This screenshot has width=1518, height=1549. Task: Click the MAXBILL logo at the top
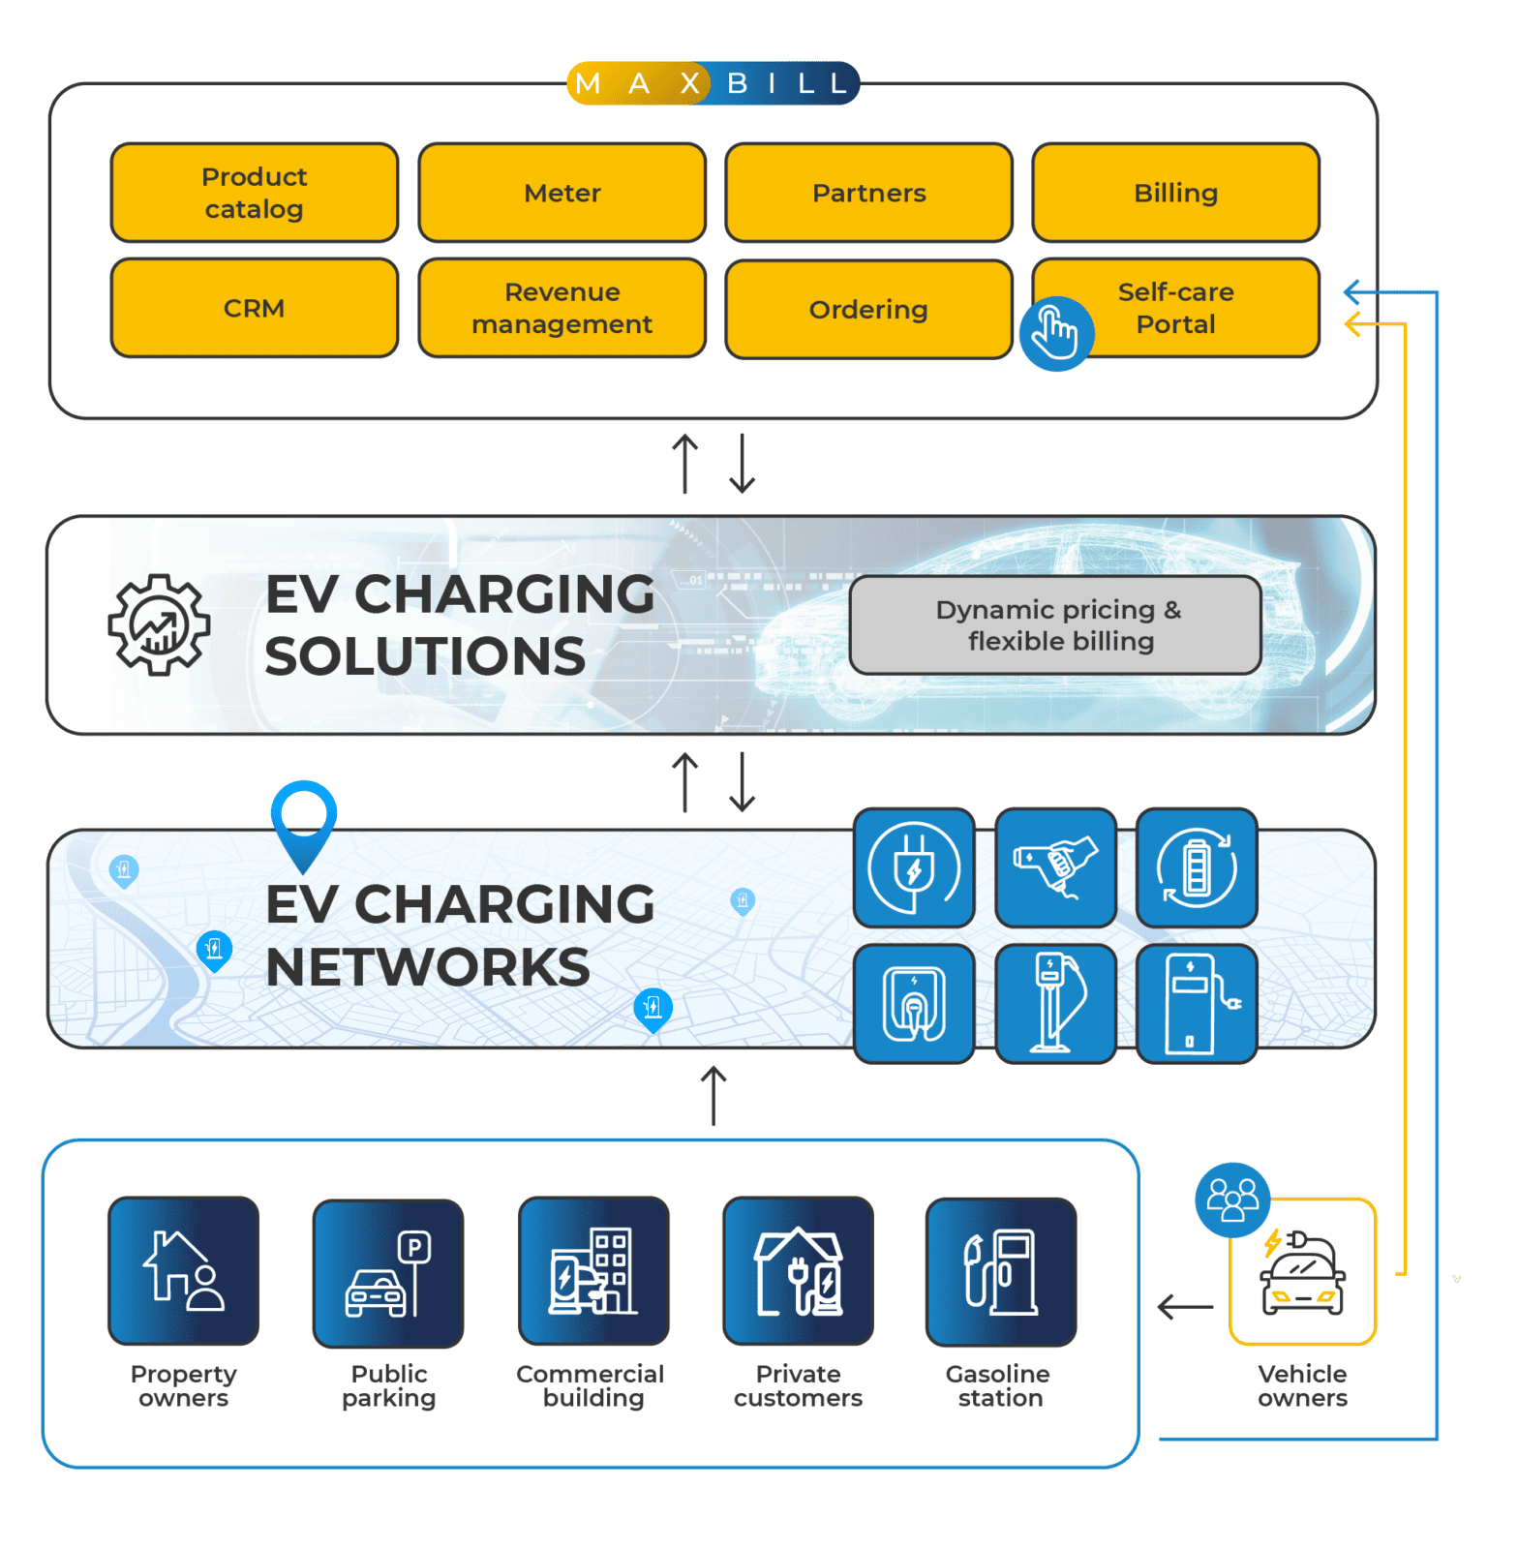(713, 83)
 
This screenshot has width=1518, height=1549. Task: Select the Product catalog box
(255, 193)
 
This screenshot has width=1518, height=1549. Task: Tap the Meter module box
(562, 193)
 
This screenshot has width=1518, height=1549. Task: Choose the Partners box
(868, 193)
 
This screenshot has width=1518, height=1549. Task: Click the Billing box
(1175, 193)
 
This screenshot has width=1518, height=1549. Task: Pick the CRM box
(255, 308)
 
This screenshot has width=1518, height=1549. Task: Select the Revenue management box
(562, 308)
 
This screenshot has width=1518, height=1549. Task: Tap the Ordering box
(868, 309)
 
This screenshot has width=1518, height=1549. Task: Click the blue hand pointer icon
(1056, 333)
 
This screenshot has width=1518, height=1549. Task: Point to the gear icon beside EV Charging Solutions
(159, 624)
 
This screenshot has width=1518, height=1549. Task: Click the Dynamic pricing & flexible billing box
(1055, 625)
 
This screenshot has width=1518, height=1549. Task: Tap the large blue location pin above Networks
(304, 821)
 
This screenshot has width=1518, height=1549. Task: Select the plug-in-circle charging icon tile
(914, 867)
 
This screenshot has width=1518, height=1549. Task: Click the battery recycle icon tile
(1197, 867)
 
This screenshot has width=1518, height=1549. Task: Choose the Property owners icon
(184, 1270)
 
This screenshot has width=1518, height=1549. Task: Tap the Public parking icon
(388, 1272)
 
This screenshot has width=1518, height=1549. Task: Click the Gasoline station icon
(1001, 1271)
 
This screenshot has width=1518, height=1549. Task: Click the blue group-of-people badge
(1232, 1200)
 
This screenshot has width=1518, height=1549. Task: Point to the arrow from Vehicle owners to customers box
(1185, 1307)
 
